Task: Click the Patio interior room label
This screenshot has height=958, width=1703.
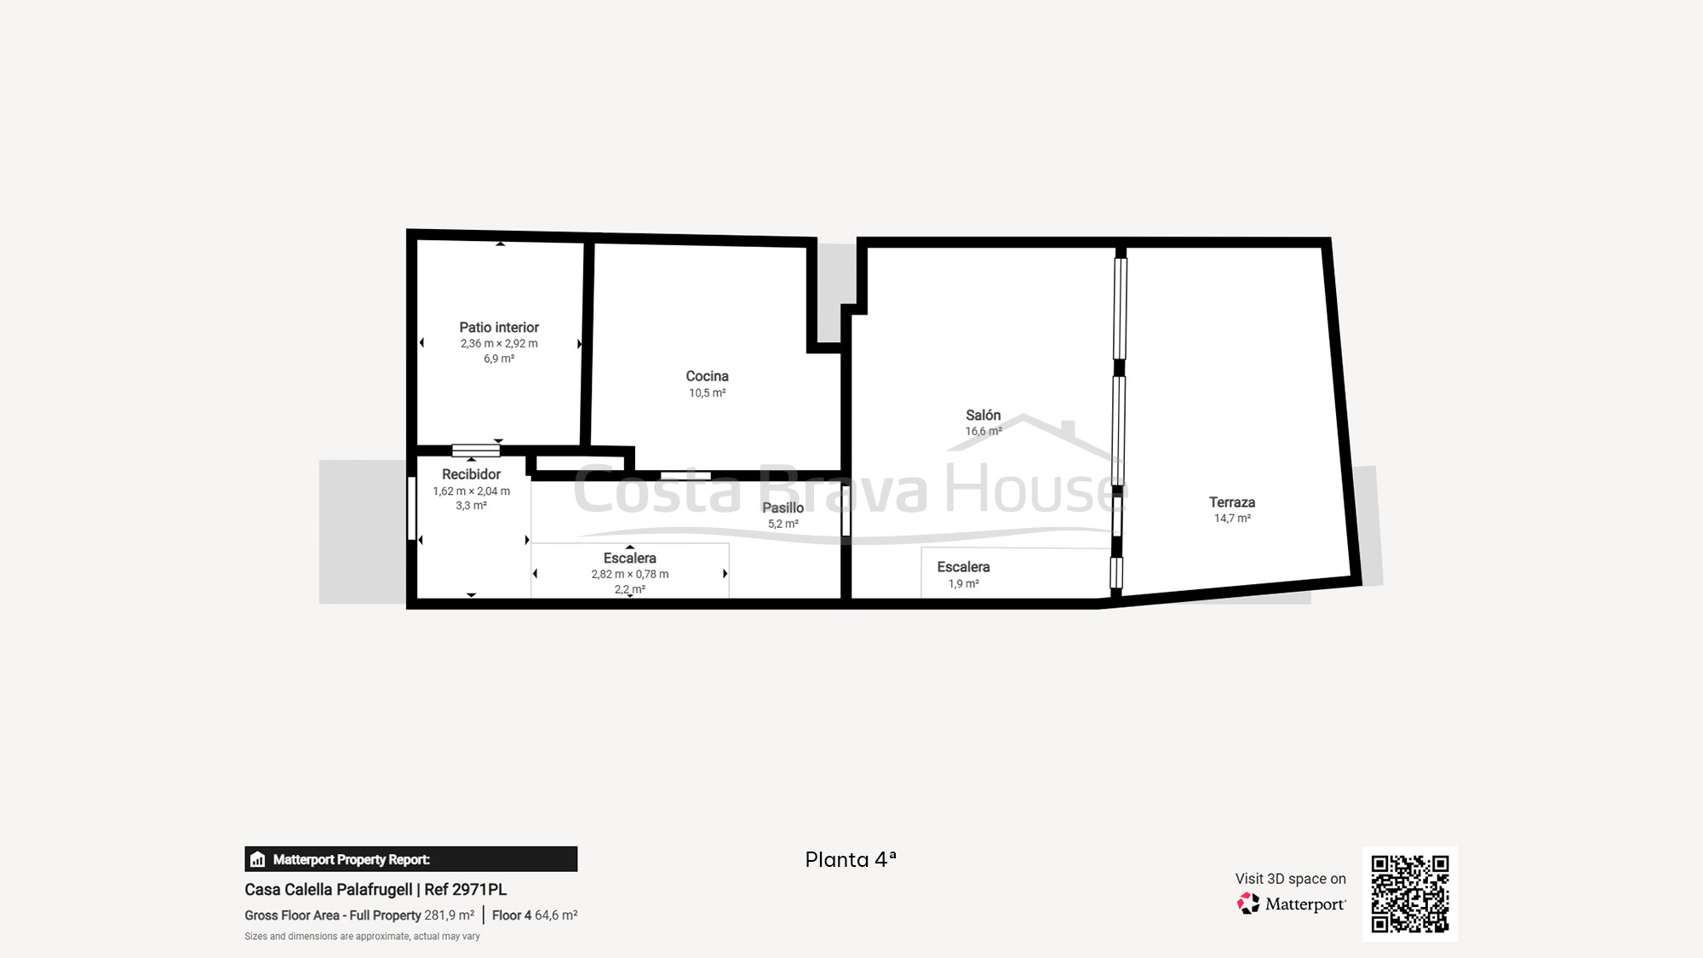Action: (499, 327)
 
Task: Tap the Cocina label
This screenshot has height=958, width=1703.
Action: (707, 376)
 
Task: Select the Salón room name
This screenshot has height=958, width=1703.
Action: (983, 415)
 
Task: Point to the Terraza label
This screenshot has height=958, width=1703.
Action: (1232, 502)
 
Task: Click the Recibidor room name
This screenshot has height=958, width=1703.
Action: (471, 474)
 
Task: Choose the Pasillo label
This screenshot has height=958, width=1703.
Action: (783, 508)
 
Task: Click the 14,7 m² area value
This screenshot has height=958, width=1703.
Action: (1232, 519)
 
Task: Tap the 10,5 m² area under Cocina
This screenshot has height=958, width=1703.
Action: (707, 393)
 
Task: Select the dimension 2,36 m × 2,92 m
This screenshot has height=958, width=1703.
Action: (499, 344)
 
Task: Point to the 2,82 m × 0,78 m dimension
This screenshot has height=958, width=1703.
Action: (630, 575)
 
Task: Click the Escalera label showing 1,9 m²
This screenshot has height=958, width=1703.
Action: (963, 567)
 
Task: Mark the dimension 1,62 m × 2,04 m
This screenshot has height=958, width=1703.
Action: (471, 491)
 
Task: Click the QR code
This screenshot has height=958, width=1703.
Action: (1410, 894)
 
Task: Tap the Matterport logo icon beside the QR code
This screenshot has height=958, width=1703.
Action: (1248, 904)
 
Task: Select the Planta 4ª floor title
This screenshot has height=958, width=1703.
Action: (851, 860)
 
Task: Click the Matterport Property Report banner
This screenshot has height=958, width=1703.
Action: (411, 859)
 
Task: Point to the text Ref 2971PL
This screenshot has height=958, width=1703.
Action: (465, 890)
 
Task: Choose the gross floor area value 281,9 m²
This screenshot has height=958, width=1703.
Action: (450, 915)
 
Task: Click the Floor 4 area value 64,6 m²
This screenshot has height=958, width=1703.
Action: (556, 915)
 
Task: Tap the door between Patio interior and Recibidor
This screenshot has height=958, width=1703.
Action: (475, 450)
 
